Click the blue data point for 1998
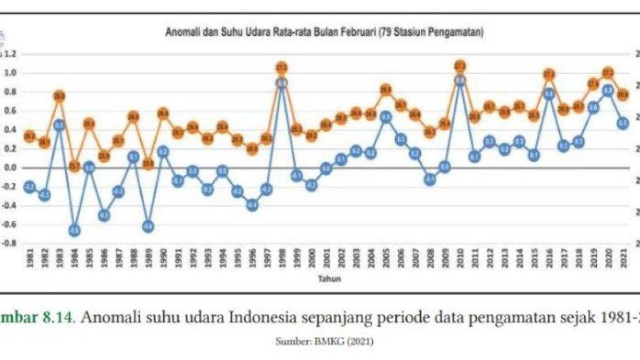point(282,83)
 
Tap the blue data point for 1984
point(75,230)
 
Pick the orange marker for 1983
point(60,96)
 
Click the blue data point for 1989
point(148,227)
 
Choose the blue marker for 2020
point(607,91)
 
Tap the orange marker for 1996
point(252,149)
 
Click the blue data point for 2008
point(430,180)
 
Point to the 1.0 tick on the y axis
point(11,73)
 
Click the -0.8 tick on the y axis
point(10,243)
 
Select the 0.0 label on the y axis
point(11,168)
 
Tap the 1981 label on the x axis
point(30,261)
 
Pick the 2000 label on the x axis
point(312,261)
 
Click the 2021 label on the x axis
point(623,261)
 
